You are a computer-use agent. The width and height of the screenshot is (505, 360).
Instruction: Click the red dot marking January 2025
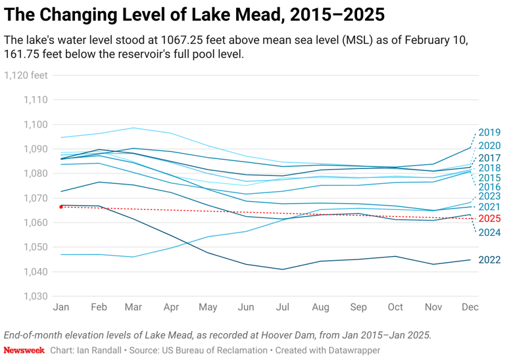click(x=61, y=207)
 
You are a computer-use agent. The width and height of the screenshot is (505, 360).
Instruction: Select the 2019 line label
click(x=489, y=132)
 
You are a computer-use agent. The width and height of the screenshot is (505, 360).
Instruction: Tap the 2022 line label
click(x=489, y=259)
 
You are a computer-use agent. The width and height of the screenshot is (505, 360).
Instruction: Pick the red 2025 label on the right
click(x=489, y=219)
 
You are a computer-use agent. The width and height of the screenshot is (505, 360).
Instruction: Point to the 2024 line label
click(x=489, y=233)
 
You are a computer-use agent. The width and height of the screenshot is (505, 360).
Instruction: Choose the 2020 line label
click(x=489, y=146)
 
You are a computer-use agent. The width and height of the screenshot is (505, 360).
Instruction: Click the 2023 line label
click(x=489, y=196)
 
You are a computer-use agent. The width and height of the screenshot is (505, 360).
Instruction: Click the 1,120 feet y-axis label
click(x=26, y=75)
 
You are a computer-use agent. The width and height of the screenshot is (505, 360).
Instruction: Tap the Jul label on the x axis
click(x=283, y=307)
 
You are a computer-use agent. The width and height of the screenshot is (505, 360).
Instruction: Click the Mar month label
click(x=134, y=307)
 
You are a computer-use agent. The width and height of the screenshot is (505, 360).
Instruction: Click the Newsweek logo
click(x=24, y=350)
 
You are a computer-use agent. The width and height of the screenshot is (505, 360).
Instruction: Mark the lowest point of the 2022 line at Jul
click(x=283, y=269)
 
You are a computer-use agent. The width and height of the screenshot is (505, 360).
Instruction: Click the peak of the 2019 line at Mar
click(x=134, y=128)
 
